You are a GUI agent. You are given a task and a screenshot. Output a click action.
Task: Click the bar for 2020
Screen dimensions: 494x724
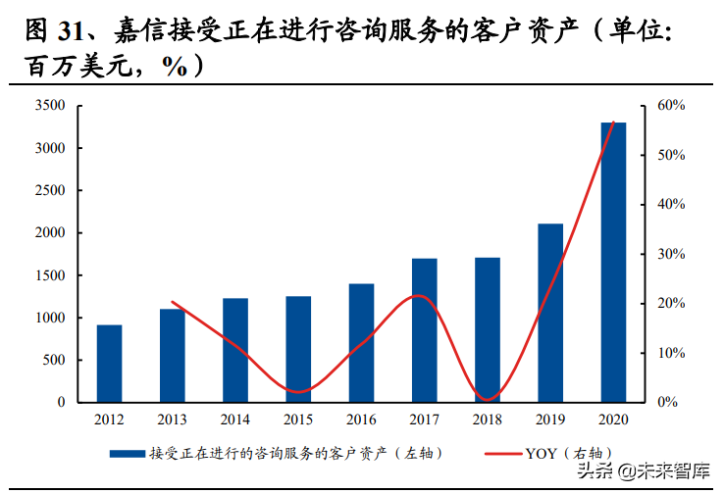point(613,262)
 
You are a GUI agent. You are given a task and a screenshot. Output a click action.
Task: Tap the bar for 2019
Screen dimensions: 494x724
point(550,313)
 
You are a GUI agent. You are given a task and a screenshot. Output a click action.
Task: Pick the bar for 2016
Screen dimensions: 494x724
point(361,342)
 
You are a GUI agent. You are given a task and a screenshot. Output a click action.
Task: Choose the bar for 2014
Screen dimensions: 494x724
point(235,350)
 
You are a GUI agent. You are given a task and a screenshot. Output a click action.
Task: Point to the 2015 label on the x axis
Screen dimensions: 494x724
point(298,419)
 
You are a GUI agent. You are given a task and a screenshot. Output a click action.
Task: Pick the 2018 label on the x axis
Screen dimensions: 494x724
point(488,419)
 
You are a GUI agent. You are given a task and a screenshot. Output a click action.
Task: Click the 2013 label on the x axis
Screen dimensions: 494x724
point(173,419)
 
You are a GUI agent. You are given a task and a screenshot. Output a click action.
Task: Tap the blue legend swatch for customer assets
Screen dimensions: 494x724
point(128,454)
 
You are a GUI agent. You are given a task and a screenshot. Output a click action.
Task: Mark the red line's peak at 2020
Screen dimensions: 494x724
point(614,123)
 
